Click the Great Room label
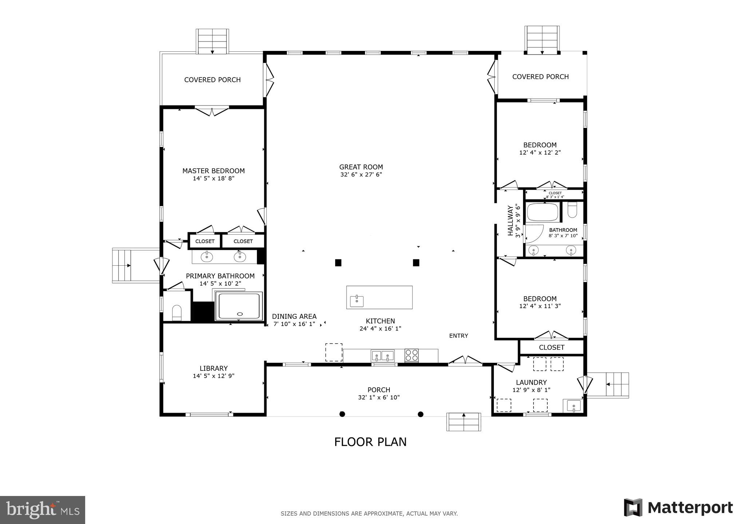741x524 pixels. point(361,167)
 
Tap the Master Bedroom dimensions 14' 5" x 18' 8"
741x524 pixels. point(213,179)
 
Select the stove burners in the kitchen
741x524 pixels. point(412,355)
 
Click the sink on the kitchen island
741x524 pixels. point(357,301)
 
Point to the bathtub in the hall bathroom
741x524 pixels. point(543,213)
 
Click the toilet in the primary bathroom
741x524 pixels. point(177,312)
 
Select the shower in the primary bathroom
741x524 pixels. point(239,306)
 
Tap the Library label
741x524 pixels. point(213,368)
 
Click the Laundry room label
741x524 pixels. point(531,382)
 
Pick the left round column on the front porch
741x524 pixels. point(342,414)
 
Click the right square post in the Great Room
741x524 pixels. point(416,262)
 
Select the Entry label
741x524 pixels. point(458,336)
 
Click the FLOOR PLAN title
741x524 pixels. point(370,442)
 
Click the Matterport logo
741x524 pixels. point(678,508)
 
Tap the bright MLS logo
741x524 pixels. point(43,510)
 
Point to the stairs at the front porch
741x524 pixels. point(463,422)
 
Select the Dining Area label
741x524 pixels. point(294,317)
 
